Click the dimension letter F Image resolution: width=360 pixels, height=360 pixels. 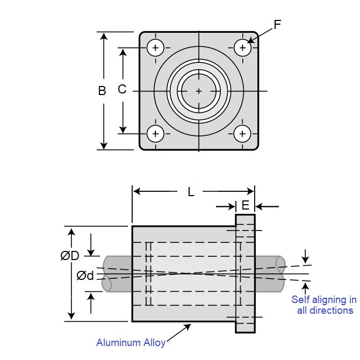tap(277, 25)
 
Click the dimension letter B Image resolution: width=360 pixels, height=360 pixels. tap(102, 91)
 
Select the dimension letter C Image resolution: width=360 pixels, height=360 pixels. tap(122, 89)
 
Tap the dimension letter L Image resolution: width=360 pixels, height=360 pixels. tap(191, 192)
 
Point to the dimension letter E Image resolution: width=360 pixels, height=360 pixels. tap(245, 205)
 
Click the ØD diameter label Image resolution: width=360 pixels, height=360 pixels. tap(70, 256)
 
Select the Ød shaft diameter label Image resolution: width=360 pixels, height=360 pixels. tap(85, 276)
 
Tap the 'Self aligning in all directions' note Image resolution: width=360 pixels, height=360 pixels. tap(323, 305)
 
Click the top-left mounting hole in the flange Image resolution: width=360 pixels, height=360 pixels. tap(156, 48)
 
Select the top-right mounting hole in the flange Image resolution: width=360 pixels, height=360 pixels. tap(243, 48)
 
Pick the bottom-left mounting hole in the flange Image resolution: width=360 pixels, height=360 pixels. tap(156, 133)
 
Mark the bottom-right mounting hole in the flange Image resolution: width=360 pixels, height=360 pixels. tap(243, 133)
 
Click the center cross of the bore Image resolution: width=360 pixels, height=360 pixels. tap(199, 91)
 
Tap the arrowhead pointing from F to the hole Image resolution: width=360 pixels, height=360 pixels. tap(251, 41)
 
